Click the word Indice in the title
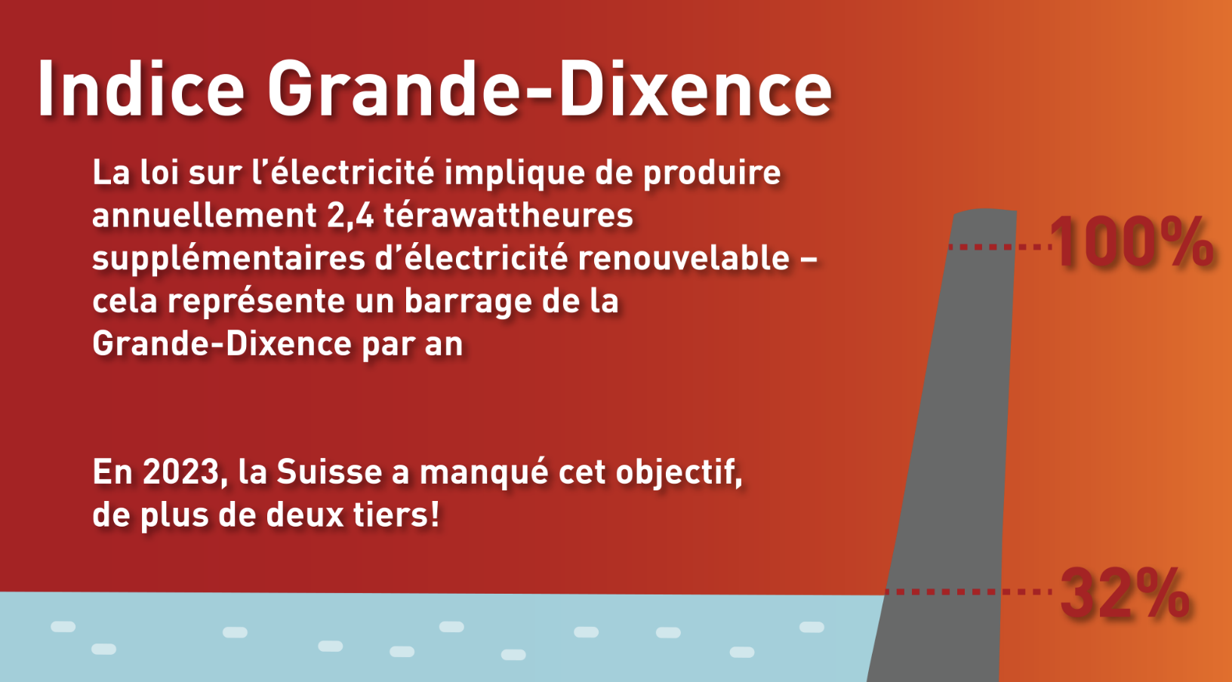141,88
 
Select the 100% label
1132,242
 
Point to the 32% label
1126,594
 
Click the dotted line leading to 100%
999,247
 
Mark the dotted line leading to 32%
968,592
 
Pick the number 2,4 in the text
350,216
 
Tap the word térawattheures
508,216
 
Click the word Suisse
329,472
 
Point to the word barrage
469,303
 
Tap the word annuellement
204,216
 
